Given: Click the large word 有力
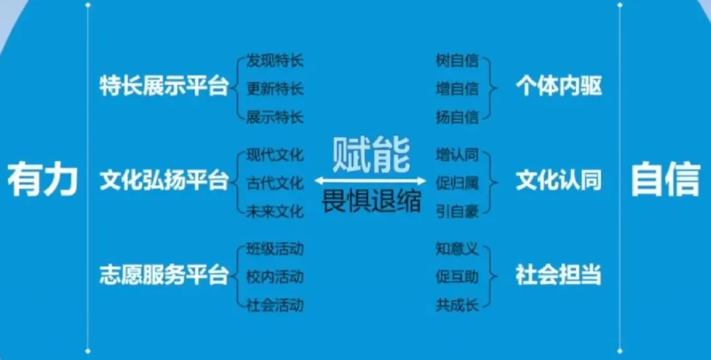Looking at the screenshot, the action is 43,179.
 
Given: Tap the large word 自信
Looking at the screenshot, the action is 665,179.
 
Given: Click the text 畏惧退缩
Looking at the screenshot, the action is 371,201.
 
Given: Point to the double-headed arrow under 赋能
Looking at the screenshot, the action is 371,180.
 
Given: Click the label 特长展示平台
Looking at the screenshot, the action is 164,87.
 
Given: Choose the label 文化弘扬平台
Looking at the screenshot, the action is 164,181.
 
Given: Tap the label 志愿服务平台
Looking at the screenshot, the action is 164,274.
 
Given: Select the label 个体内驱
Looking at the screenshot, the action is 559,87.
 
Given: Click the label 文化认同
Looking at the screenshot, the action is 559,181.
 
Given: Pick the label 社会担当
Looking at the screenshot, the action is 559,274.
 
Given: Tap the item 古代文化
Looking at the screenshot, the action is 275,183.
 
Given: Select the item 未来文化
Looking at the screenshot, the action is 275,211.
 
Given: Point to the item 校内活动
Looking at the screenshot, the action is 275,276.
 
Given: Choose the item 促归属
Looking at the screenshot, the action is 457,183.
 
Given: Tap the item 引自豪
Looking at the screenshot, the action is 457,211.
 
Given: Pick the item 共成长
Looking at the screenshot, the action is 457,305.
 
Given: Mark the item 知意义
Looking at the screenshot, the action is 457,249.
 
